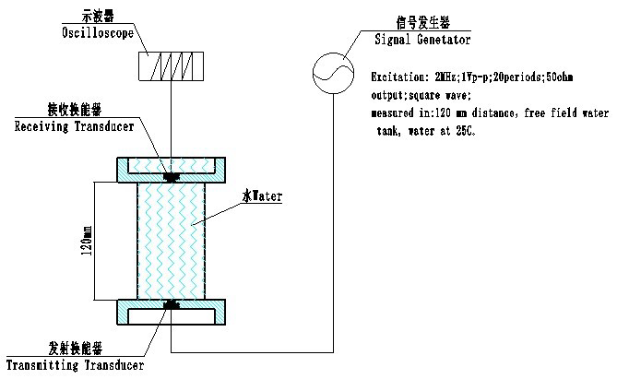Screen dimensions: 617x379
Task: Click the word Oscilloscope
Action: pyautogui.click(x=98, y=32)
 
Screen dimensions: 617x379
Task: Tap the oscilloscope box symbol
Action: pyautogui.click(x=172, y=66)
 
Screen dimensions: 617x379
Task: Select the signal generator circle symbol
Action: pyautogui.click(x=333, y=73)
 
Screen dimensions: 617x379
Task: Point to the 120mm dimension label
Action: pyautogui.click(x=87, y=241)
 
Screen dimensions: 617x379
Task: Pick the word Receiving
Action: pyautogui.click(x=42, y=126)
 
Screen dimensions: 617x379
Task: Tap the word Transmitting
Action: pyautogui.click(x=42, y=365)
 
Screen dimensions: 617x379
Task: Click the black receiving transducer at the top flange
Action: pyautogui.click(x=172, y=177)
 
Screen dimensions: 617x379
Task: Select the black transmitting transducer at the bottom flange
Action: pyautogui.click(x=172, y=304)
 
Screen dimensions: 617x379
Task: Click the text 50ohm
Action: pyautogui.click(x=560, y=77)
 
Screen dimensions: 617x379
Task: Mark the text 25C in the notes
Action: pyautogui.click(x=466, y=131)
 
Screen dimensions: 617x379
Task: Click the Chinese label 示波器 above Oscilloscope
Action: pyautogui.click(x=98, y=16)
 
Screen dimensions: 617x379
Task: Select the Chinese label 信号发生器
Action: pyautogui.click(x=422, y=23)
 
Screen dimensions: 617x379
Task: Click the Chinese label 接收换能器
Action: pyautogui.click(x=75, y=110)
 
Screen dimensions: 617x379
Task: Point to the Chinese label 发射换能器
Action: pyautogui.click(x=75, y=349)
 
